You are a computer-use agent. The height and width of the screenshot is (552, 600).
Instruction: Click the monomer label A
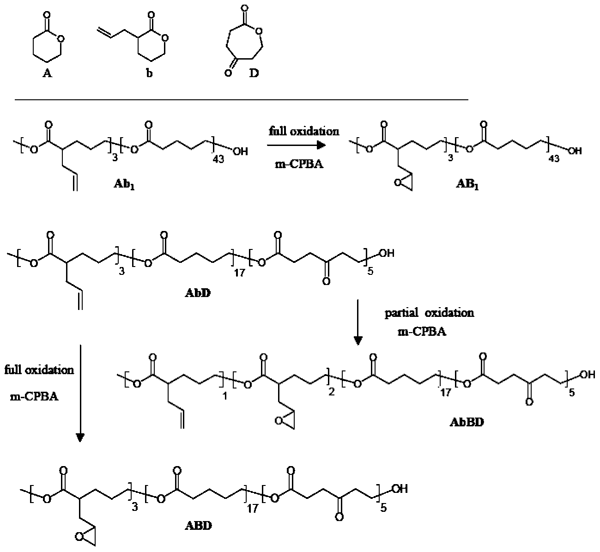[47, 73]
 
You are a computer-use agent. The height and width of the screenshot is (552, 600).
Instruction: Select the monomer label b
[149, 73]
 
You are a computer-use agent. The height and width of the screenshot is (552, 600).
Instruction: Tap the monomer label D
[254, 73]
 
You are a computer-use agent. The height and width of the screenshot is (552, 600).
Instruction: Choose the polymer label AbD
[197, 293]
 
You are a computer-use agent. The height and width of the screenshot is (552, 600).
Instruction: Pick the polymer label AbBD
[467, 422]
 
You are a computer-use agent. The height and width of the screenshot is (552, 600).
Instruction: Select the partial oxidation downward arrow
[358, 322]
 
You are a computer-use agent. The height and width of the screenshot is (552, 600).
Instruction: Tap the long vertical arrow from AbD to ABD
[79, 393]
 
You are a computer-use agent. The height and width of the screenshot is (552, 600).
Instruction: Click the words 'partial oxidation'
[429, 313]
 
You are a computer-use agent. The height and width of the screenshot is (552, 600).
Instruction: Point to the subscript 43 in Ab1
[218, 159]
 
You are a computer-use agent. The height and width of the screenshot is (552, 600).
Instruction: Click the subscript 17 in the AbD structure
[239, 273]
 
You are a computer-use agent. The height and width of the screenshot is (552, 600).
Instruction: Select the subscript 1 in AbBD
[224, 396]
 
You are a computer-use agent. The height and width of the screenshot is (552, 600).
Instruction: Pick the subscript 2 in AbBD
[331, 392]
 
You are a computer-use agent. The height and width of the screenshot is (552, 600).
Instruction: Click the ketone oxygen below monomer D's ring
[228, 73]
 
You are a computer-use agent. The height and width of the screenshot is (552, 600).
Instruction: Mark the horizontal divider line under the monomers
[242, 100]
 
